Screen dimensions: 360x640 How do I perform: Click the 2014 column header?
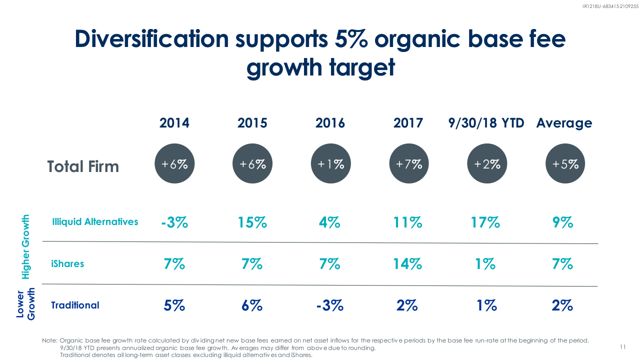pyautogui.click(x=174, y=123)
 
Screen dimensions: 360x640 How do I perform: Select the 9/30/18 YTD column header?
pyautogui.click(x=486, y=123)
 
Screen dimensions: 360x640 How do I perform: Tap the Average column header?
pyautogui.click(x=564, y=123)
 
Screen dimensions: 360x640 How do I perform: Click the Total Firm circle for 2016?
pyautogui.click(x=330, y=163)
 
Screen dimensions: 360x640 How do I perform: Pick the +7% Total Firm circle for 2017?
pyautogui.click(x=409, y=163)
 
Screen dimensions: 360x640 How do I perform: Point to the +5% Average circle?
pyautogui.click(x=565, y=163)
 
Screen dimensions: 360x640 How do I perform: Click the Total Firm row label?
pyautogui.click(x=83, y=166)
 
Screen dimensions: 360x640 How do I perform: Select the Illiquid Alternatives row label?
pyautogui.click(x=95, y=221)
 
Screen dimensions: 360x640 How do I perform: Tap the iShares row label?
pyautogui.click(x=67, y=263)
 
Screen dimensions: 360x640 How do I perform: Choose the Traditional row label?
pyautogui.click(x=75, y=305)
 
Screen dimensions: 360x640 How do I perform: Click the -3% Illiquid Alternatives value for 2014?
pyautogui.click(x=174, y=222)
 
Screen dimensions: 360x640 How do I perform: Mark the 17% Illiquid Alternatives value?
pyautogui.click(x=485, y=222)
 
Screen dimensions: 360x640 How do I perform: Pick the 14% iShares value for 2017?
pyautogui.click(x=407, y=263)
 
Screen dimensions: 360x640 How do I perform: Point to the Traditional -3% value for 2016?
pyautogui.click(x=330, y=305)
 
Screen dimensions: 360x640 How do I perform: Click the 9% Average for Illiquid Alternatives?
pyautogui.click(x=563, y=222)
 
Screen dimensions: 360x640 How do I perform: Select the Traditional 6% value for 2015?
pyautogui.click(x=252, y=305)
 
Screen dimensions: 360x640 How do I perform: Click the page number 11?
pyautogui.click(x=622, y=347)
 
